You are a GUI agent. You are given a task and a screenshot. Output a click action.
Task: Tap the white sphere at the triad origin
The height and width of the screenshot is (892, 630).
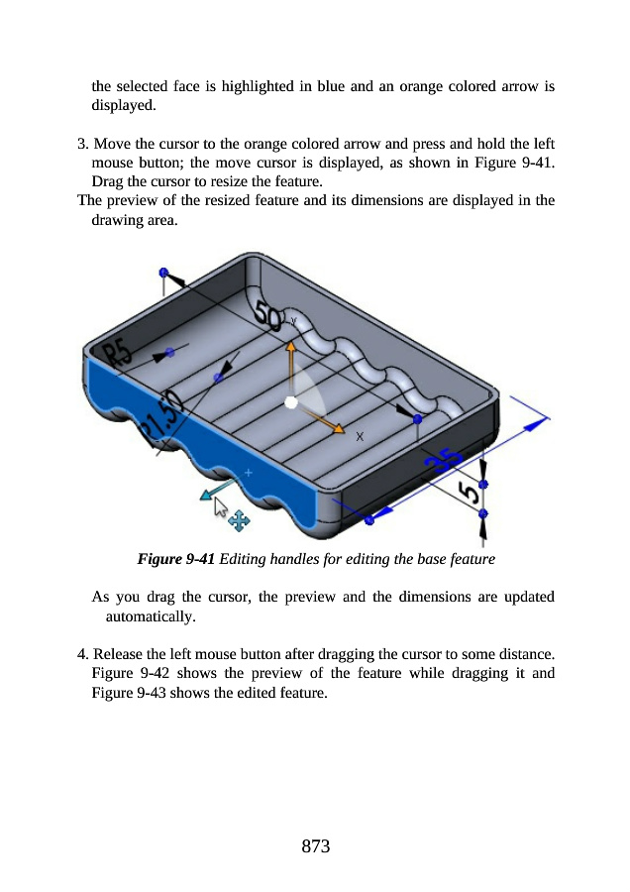[x=290, y=401]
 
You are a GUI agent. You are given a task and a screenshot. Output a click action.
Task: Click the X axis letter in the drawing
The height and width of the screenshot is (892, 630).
[x=360, y=436]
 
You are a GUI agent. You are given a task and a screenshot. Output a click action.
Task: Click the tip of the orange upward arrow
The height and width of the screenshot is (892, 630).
[x=291, y=347]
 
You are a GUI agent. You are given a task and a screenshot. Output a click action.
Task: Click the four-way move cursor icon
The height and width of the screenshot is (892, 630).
[x=239, y=518]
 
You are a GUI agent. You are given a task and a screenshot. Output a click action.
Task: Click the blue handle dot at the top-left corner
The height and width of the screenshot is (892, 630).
[x=163, y=272]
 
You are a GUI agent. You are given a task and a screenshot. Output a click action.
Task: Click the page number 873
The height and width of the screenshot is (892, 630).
[x=315, y=846]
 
